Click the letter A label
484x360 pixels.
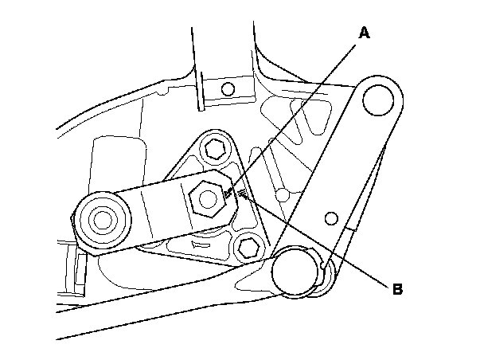[365, 33]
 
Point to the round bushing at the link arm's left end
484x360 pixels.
[100, 218]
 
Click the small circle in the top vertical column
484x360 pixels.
[228, 88]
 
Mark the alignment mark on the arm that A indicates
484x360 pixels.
[231, 192]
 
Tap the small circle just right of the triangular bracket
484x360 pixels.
[280, 194]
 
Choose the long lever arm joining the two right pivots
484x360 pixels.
[342, 183]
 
